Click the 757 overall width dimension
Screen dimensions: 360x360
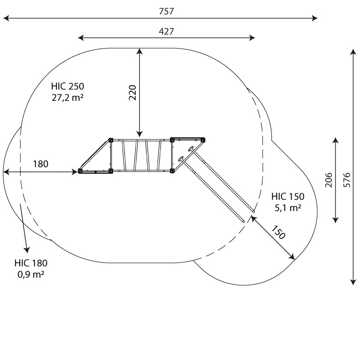pos(166,11)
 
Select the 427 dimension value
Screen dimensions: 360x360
pos(166,31)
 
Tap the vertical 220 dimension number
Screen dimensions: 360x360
pos(133,93)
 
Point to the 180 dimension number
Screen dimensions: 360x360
pos(40,164)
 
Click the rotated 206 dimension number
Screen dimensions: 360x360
pos(329,180)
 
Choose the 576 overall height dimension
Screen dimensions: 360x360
pos(347,180)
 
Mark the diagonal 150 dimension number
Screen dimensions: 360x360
pos(279,232)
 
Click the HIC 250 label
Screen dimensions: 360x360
pos(67,86)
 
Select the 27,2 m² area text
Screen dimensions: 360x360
pos(67,98)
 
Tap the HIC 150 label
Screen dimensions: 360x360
pos(288,197)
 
